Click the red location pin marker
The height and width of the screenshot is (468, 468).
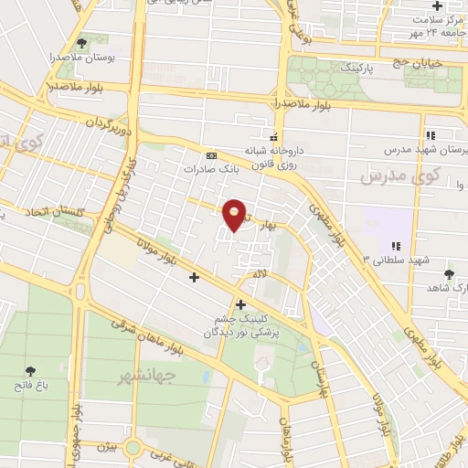point(235,215)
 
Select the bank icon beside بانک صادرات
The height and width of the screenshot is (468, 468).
point(212,155)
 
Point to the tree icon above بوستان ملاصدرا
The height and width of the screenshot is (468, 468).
point(81,42)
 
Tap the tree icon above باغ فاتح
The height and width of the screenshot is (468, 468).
point(31,371)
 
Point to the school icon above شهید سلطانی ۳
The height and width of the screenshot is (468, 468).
point(396,246)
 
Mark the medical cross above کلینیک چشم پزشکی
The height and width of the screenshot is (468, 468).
point(240,304)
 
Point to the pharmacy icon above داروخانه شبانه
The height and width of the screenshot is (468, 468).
point(273,137)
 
